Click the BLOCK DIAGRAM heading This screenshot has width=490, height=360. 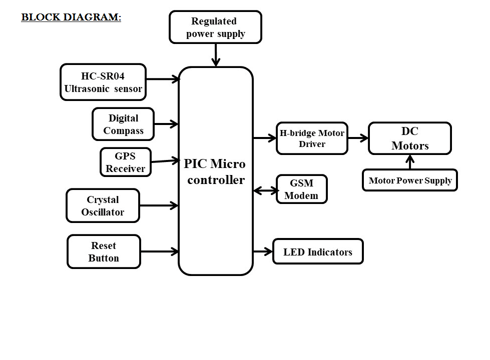point(71,17)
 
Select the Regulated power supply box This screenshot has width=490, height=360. point(216,27)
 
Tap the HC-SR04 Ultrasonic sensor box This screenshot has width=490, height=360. point(103,82)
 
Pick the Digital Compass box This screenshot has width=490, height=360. point(123,124)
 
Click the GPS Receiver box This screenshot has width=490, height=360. point(126,162)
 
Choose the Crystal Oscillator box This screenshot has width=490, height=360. point(103,205)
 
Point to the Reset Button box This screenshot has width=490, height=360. point(104,251)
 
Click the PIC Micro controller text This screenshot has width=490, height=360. point(215,171)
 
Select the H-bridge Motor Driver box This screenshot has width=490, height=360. point(312,138)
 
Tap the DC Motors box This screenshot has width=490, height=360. point(410,138)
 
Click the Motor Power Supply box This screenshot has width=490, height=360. point(410,180)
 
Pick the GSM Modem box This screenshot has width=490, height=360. point(301,189)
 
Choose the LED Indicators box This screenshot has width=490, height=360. point(318,251)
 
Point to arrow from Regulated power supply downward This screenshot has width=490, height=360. point(216,54)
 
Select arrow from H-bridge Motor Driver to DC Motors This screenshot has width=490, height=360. point(358,138)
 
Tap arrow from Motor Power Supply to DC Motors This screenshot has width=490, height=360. point(410,162)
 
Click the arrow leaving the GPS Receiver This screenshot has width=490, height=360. point(165,160)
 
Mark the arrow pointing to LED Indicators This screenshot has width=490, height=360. point(263,251)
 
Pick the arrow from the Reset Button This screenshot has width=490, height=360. point(160,251)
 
